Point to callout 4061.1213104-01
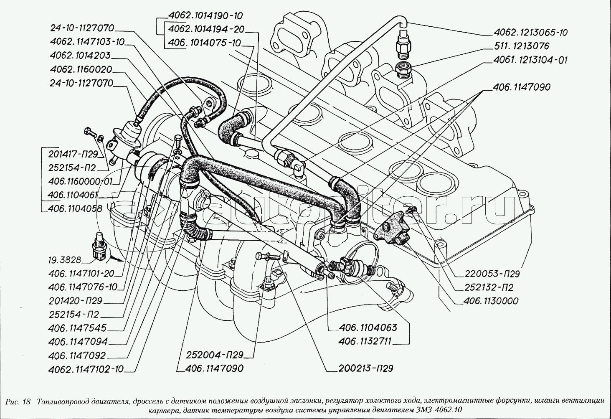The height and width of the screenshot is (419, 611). (530, 60)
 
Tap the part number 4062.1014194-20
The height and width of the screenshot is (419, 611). (206, 29)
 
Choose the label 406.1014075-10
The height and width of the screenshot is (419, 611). (205, 43)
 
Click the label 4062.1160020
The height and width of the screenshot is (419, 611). (81, 69)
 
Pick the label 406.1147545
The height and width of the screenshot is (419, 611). (77, 328)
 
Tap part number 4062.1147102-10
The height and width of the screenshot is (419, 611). (86, 369)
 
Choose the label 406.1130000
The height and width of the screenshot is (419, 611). (491, 301)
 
